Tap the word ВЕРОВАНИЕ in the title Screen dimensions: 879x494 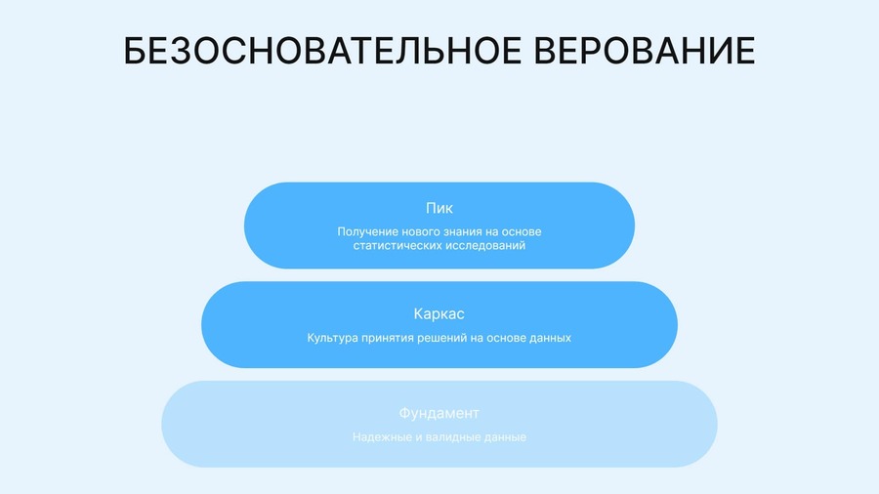(x=645, y=51)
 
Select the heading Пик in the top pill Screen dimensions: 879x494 (x=439, y=208)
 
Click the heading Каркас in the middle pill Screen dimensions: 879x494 (x=439, y=314)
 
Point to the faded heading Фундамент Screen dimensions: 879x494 (x=439, y=413)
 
